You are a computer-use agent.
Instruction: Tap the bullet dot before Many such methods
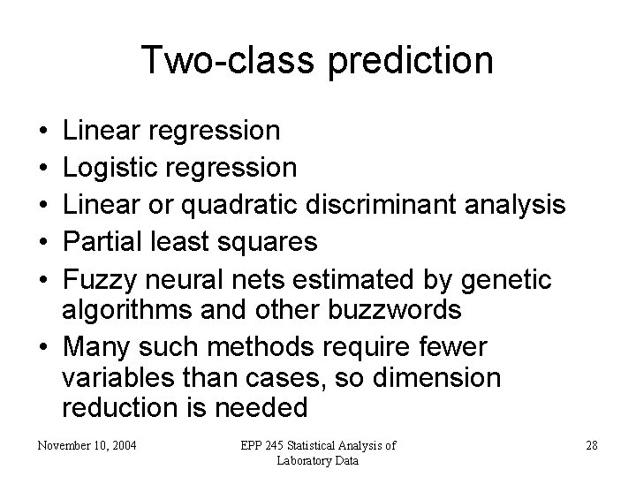(x=43, y=345)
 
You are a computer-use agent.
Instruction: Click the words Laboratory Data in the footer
(x=317, y=460)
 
